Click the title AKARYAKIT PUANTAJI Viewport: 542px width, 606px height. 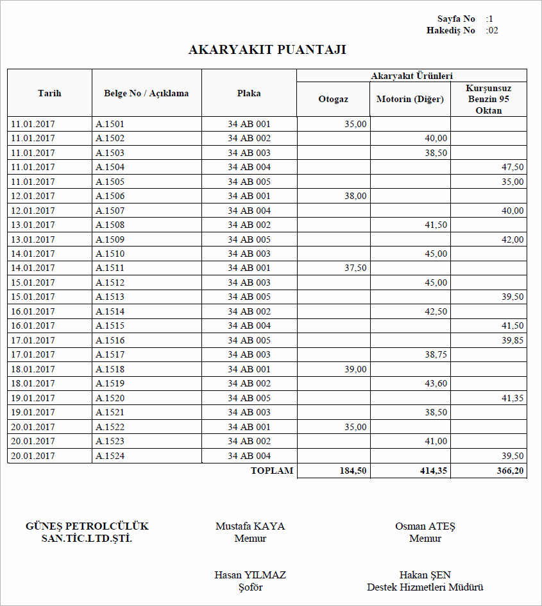(x=267, y=50)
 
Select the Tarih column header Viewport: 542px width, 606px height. (x=49, y=93)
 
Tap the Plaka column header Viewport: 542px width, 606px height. (x=249, y=93)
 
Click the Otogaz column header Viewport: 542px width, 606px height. (x=333, y=100)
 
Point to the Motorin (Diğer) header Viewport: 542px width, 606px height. (x=410, y=100)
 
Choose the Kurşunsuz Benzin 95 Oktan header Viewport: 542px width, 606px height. (x=488, y=100)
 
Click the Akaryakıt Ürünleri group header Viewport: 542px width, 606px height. (x=411, y=76)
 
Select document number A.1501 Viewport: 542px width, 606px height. (x=110, y=124)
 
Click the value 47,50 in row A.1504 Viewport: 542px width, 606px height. (x=512, y=167)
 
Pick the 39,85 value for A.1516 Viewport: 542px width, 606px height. (x=512, y=340)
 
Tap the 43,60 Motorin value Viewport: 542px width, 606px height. (x=436, y=383)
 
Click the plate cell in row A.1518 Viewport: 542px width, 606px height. (x=249, y=369)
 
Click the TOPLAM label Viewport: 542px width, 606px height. (x=271, y=471)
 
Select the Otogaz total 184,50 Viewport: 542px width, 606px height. (x=353, y=471)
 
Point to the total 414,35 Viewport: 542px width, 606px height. (x=434, y=471)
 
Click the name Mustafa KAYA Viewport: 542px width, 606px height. (x=250, y=526)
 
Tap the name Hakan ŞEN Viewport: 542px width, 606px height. (x=425, y=575)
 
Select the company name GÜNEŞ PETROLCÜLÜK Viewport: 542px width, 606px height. (x=87, y=526)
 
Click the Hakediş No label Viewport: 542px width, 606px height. (x=450, y=30)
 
